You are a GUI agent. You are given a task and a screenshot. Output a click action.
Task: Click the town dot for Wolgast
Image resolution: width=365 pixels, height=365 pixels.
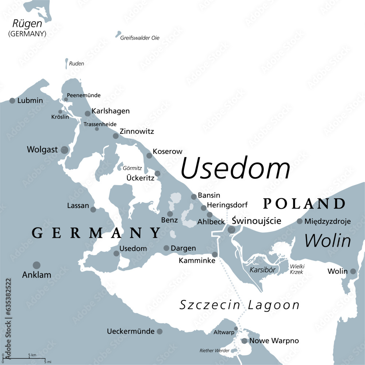point(65,150)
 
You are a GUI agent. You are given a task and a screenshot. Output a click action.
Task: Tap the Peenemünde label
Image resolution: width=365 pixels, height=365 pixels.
point(84,95)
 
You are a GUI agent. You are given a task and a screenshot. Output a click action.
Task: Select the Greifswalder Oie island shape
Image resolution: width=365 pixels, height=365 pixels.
point(118,35)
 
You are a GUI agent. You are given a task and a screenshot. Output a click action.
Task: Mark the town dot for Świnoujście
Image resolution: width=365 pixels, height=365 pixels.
point(231,230)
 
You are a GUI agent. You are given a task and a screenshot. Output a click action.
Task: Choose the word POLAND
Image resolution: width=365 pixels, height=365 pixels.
point(304,204)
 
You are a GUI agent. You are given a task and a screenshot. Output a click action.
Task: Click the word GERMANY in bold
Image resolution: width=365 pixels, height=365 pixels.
point(96,233)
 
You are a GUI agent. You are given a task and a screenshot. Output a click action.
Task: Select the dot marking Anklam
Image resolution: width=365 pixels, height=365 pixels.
point(36,265)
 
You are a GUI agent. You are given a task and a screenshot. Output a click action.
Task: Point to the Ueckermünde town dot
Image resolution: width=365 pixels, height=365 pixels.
point(160,331)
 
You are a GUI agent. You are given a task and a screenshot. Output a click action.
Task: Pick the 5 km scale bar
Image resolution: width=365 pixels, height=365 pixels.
point(24,358)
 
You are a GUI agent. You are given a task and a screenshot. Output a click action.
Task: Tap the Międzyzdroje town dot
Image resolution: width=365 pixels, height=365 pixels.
point(300,221)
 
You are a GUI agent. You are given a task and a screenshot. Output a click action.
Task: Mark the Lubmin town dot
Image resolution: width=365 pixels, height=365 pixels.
point(12,100)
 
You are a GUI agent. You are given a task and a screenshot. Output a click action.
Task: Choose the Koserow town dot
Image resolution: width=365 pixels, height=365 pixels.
point(149,155)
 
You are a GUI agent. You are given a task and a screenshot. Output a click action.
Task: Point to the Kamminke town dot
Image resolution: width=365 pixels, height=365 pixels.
point(215,254)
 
